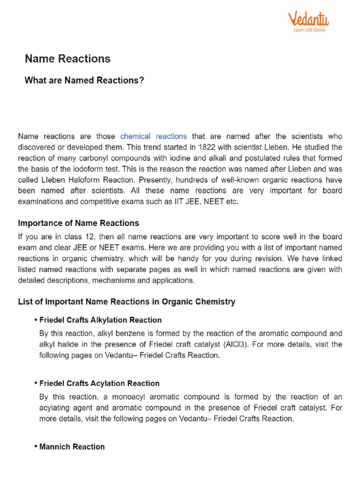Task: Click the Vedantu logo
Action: tap(308, 19)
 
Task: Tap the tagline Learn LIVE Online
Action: tap(309, 30)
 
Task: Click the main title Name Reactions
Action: tap(67, 59)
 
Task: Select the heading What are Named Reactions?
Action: tap(84, 81)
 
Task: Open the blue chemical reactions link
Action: tap(153, 136)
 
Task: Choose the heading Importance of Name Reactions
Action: tap(78, 223)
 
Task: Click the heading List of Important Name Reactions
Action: tap(127, 302)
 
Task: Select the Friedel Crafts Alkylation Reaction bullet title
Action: tap(100, 320)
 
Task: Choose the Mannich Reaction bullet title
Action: tap(72, 447)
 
